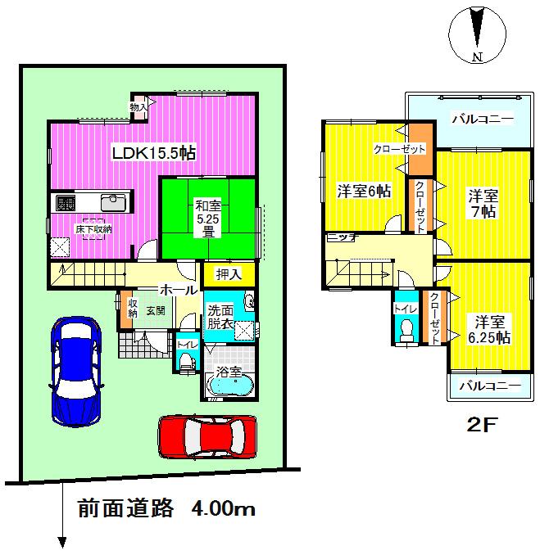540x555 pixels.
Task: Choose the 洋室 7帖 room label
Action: (x=483, y=204)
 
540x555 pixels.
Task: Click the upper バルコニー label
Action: (x=483, y=120)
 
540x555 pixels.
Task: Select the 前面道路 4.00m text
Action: (x=166, y=508)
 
